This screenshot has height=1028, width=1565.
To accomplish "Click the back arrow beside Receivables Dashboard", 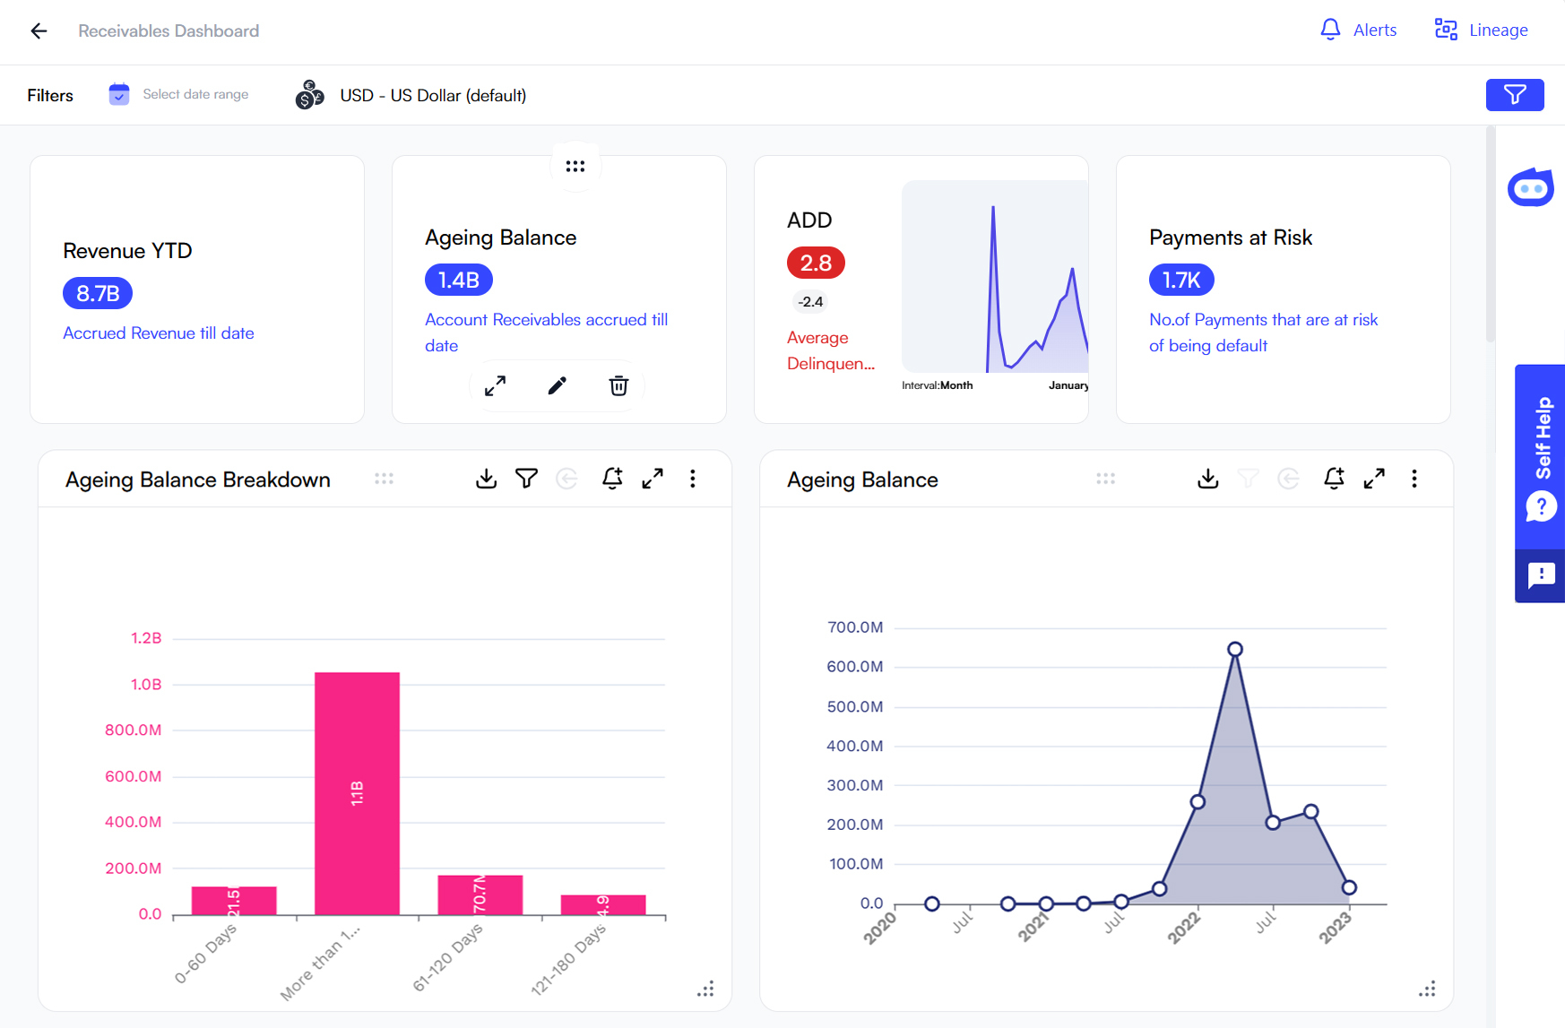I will (x=39, y=31).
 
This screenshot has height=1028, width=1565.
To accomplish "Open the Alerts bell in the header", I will (x=1330, y=30).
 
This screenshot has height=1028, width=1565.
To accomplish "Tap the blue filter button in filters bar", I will (x=1514, y=95).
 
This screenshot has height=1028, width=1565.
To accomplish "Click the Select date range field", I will (x=195, y=94).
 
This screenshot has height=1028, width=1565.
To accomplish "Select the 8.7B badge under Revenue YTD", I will (x=98, y=293).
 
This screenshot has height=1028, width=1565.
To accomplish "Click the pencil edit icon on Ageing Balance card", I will (x=557, y=386).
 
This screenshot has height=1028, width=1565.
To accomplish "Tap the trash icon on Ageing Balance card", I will (x=618, y=386).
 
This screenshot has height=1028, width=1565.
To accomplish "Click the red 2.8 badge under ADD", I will (x=816, y=263).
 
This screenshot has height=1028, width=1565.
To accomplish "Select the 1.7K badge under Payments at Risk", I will (x=1180, y=280).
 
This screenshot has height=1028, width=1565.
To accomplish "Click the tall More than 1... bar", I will (x=357, y=792).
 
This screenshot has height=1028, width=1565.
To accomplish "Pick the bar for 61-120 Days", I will (x=480, y=894).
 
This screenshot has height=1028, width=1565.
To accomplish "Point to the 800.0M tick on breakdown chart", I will (x=134, y=730).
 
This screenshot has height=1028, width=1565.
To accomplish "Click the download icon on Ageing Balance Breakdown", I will (x=486, y=479).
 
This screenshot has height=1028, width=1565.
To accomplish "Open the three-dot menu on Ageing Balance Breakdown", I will (x=693, y=479).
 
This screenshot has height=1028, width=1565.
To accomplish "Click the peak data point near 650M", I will (x=1234, y=649).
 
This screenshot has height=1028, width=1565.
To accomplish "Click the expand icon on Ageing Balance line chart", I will (x=1373, y=479).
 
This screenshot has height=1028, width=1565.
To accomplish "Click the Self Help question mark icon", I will (x=1541, y=507).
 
